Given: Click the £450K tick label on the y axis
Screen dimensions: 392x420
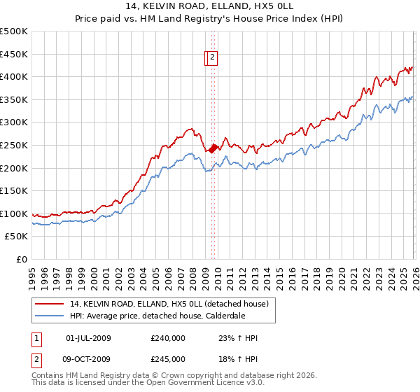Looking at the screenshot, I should (14, 54).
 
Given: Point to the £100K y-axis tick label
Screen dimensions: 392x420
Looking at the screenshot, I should (14, 214).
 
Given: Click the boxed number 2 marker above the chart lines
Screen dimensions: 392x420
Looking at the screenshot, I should (213, 59).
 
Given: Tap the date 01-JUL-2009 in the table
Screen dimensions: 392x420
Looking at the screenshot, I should (88, 338).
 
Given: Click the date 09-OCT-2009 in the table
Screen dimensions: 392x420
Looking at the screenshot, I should (88, 359).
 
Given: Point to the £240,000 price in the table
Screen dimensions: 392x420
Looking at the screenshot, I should (168, 338).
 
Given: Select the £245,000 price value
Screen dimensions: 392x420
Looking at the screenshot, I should (168, 359).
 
